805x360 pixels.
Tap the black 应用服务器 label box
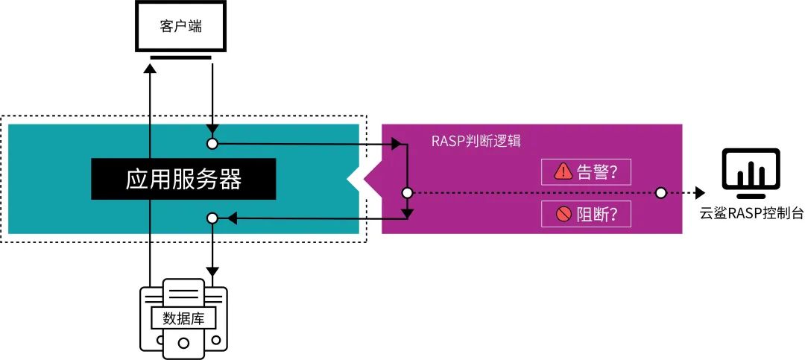[x=183, y=179]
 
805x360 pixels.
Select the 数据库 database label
[x=184, y=318]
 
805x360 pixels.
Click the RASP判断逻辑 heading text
[x=476, y=142]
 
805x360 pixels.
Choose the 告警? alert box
[x=585, y=172]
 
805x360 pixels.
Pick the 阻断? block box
[x=585, y=215]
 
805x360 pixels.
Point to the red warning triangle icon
[x=563, y=172]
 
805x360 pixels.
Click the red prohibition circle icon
[x=563, y=215]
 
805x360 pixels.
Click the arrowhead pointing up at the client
[x=151, y=68]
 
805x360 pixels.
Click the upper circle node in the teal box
[x=212, y=143]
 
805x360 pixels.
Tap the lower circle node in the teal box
[x=212, y=218]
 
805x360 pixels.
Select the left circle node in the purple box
[x=407, y=193]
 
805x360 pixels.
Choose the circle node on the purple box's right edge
[x=660, y=193]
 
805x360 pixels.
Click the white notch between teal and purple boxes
[x=360, y=179]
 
